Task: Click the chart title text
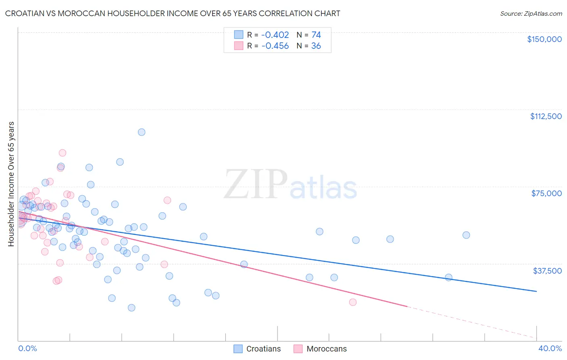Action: (173, 13)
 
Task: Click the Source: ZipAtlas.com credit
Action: (531, 13)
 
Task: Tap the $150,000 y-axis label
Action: (544, 39)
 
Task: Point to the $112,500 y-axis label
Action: (546, 116)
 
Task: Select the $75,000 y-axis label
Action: (546, 193)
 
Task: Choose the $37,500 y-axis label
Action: (547, 271)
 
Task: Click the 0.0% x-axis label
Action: (27, 348)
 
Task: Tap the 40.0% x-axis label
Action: (550, 348)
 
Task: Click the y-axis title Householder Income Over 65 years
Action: (11, 184)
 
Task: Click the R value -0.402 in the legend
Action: (275, 35)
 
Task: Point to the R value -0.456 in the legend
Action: (275, 46)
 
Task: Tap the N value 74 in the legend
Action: (316, 35)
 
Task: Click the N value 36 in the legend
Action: (316, 46)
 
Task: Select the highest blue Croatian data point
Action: (142, 132)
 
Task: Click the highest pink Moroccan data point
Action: (62, 153)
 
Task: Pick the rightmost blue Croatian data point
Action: (466, 235)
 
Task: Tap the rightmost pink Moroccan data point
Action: (353, 302)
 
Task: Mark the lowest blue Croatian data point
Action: (131, 308)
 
